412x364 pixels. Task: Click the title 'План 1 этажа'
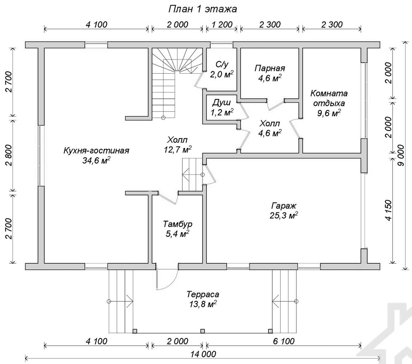[x=202, y=9]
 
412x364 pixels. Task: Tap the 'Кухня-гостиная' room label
[x=97, y=151]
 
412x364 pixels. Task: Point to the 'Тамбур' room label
[x=178, y=224]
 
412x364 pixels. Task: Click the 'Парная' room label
[x=270, y=68]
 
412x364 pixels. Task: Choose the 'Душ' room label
[x=222, y=102]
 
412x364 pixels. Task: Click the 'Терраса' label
[x=203, y=294]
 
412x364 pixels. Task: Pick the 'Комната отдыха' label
[x=329, y=98]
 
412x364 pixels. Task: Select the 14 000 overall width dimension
[x=203, y=354]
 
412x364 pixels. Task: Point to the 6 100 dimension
[x=284, y=341]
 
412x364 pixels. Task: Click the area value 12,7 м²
[x=178, y=149]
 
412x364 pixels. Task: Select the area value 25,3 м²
[x=284, y=215]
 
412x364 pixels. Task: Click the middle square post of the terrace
[x=202, y=331]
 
